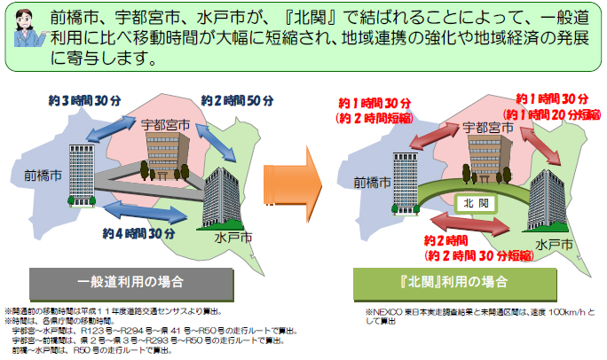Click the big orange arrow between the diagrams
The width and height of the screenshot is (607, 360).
[297, 183]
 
